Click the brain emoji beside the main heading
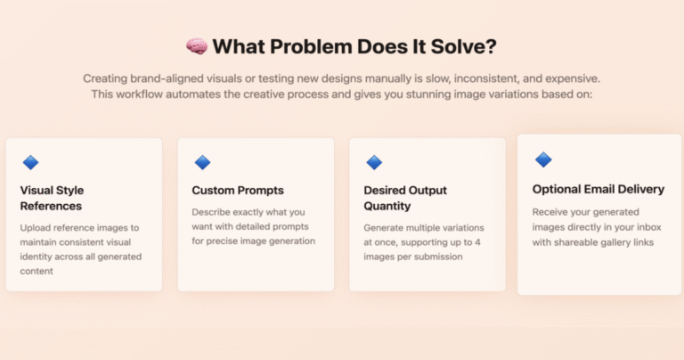[197, 46]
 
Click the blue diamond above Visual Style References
[30, 162]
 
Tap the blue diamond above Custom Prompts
[202, 162]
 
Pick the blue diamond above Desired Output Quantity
[374, 162]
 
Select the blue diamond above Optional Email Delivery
[543, 160]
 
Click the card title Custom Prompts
[238, 191]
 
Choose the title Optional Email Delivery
[598, 189]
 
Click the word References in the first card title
[51, 206]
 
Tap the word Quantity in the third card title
[387, 206]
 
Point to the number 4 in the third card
[477, 242]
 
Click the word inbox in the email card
[648, 227]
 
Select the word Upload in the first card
[33, 228]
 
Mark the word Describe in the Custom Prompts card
[210, 212]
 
